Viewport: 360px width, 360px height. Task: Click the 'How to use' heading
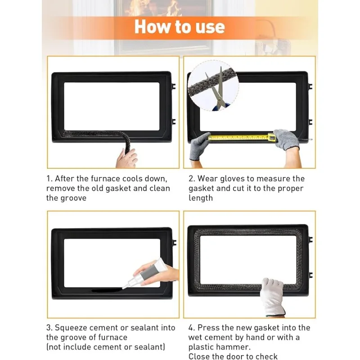point(180,27)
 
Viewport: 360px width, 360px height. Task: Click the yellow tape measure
point(242,137)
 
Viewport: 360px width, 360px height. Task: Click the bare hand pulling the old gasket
point(126,158)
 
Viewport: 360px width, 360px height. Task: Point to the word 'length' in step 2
point(201,198)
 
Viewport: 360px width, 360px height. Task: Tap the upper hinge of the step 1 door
point(174,86)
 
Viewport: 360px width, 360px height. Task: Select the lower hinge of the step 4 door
point(310,275)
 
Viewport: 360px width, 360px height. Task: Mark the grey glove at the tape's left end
point(199,146)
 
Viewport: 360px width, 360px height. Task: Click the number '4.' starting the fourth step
point(192,328)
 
